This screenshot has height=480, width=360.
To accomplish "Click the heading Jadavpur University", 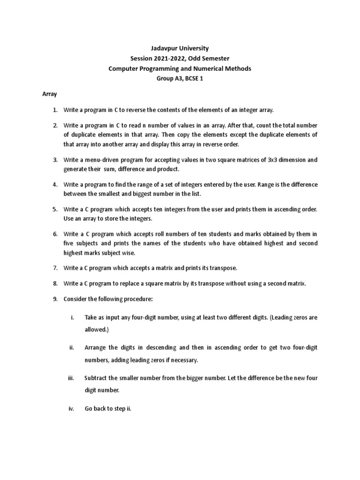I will [180, 48].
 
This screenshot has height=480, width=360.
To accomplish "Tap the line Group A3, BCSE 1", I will [180, 79].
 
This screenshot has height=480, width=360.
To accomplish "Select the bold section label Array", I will [50, 94].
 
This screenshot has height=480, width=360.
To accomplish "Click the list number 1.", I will [55, 110].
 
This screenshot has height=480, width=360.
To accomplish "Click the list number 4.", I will [55, 185].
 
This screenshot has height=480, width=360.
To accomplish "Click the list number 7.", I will [55, 268].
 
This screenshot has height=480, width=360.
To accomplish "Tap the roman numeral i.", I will [73, 317].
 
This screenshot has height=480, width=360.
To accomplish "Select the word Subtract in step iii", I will [97, 378].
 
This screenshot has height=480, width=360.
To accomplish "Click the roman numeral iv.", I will [72, 408].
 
